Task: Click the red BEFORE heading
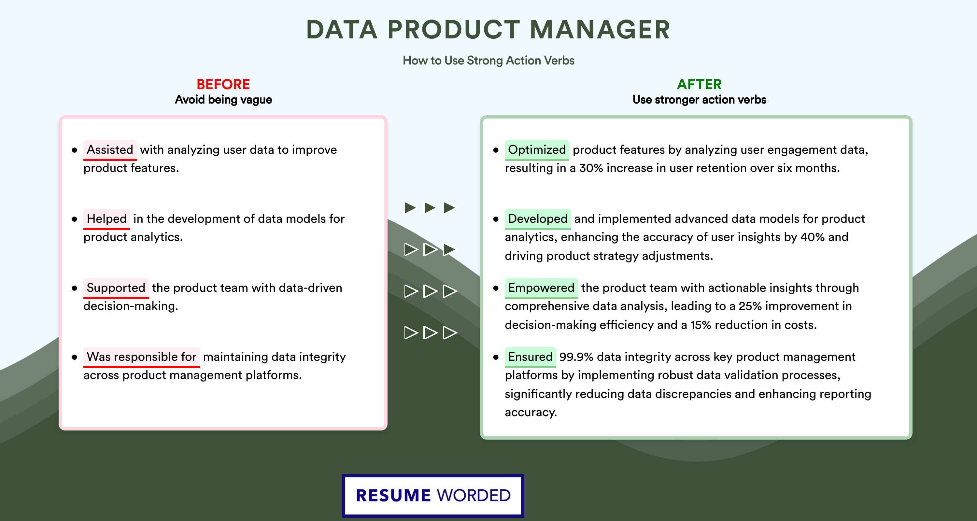click(223, 84)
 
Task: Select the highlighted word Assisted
click(110, 150)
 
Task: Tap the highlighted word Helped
click(106, 219)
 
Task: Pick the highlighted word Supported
click(116, 288)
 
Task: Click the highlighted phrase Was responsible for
click(141, 357)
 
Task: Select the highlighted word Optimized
click(537, 150)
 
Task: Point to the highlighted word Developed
click(537, 219)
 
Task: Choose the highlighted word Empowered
click(541, 288)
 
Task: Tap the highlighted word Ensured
click(530, 357)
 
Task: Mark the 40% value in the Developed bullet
click(813, 237)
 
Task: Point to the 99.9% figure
click(576, 357)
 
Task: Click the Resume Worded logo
click(433, 496)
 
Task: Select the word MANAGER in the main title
click(600, 30)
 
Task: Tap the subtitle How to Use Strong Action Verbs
click(488, 60)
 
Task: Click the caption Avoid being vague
click(223, 100)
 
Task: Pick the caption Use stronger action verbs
click(700, 100)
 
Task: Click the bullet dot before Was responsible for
click(74, 357)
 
